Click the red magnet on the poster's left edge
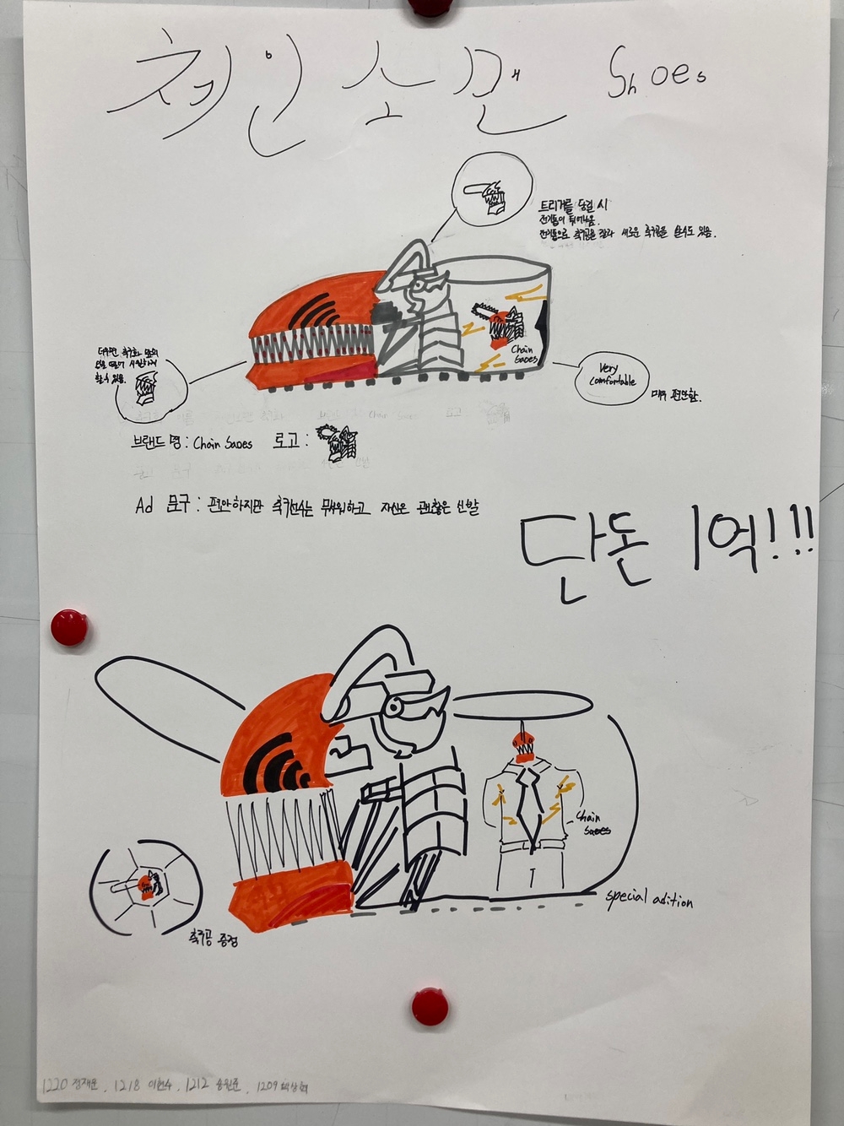[x=68, y=627]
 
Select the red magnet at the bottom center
[x=430, y=1006]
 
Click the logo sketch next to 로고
[x=338, y=442]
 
